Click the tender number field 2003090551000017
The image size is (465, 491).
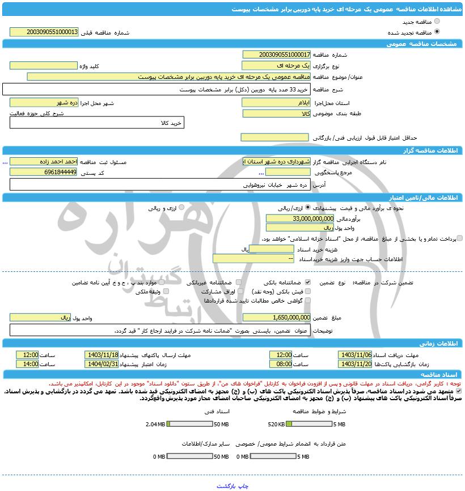click(276, 54)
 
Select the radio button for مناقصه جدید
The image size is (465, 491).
click(436, 22)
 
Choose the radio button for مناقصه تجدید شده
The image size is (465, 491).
click(436, 32)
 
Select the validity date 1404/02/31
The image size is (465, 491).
click(102, 364)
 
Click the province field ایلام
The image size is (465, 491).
click(276, 103)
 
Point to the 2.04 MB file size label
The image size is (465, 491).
click(154, 424)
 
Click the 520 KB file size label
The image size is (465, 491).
click(276, 424)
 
